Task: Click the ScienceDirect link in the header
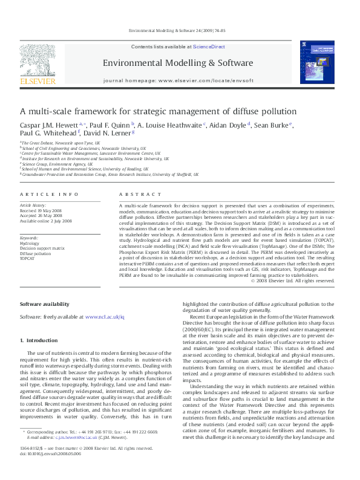pos(209,47)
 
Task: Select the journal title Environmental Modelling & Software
pos(177,63)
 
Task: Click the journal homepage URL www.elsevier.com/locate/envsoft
pos(205,80)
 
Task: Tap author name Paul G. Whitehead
pos(40,133)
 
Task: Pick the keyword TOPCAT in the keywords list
pos(27,258)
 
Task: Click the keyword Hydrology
pos(30,244)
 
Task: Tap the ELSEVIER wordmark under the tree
pos(38,81)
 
